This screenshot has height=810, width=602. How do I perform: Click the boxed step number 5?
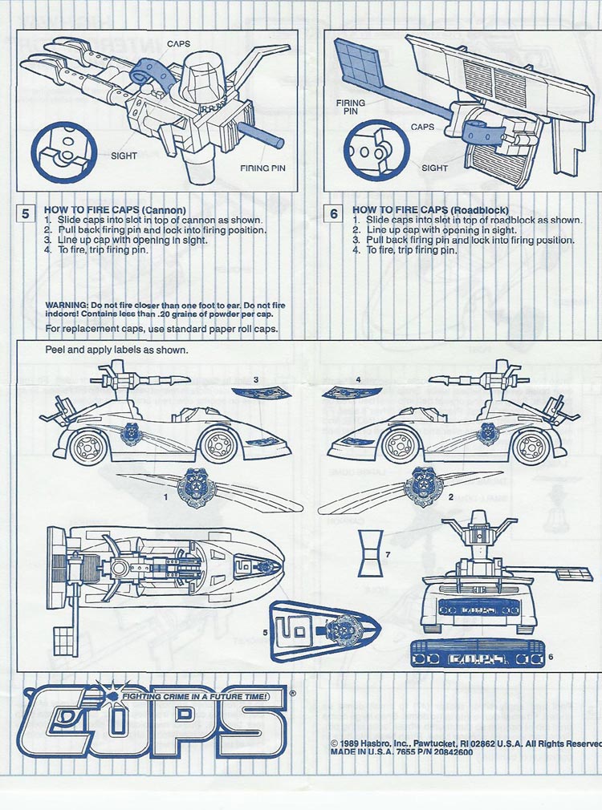tap(26, 213)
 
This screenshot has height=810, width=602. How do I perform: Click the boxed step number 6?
tap(334, 213)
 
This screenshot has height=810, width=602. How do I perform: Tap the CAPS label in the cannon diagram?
tap(178, 43)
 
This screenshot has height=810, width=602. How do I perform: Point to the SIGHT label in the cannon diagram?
tap(124, 156)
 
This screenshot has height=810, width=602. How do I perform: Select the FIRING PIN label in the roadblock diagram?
tap(351, 107)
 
